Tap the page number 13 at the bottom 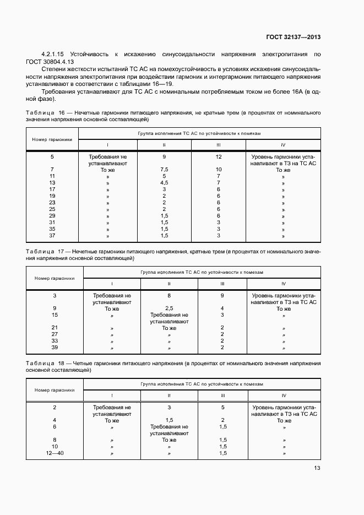tap(317, 468)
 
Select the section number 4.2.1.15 tap(53, 55)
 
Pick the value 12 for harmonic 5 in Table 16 tap(219, 156)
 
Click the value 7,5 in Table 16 tap(164, 169)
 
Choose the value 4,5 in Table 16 tap(164, 182)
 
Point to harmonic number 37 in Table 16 tap(52, 236)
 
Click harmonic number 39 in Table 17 tap(55, 348)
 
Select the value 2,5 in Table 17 tap(169, 308)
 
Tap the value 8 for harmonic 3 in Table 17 tap(169, 295)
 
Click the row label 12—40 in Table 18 tap(55, 453)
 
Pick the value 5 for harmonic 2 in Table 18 tap(222, 407)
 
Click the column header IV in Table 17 tap(283, 284)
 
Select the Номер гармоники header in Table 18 tap(55, 389)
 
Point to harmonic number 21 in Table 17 tap(55, 328)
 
